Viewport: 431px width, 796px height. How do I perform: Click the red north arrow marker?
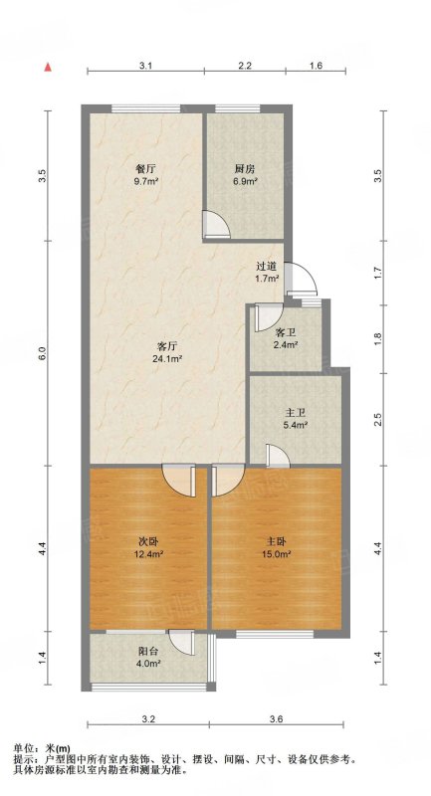[47, 67]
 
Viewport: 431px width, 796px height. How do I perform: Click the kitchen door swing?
[215, 225]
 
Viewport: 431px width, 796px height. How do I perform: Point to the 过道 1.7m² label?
[267, 271]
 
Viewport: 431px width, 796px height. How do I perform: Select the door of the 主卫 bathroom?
[278, 456]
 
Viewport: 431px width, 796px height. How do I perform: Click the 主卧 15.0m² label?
[275, 547]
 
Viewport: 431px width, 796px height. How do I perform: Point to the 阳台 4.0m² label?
[148, 657]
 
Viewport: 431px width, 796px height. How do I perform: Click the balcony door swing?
[182, 643]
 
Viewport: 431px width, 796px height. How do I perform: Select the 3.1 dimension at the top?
[146, 65]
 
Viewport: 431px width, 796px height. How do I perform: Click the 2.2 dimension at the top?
[245, 65]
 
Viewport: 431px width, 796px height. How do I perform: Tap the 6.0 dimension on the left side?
[43, 353]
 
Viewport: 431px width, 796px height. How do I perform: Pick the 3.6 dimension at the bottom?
[276, 718]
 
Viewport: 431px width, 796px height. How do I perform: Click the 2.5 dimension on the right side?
[377, 420]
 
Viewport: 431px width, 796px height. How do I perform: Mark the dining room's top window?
[146, 108]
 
